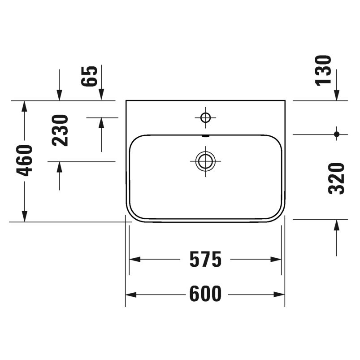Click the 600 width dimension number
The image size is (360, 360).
point(205,295)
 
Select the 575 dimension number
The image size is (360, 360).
point(205,260)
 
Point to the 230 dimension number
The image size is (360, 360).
point(61,130)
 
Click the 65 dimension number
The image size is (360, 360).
point(90,76)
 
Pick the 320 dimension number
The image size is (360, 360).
point(337,178)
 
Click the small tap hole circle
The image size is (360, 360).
point(205,118)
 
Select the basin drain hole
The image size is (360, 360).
point(205,160)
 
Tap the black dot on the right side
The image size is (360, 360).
point(337,134)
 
